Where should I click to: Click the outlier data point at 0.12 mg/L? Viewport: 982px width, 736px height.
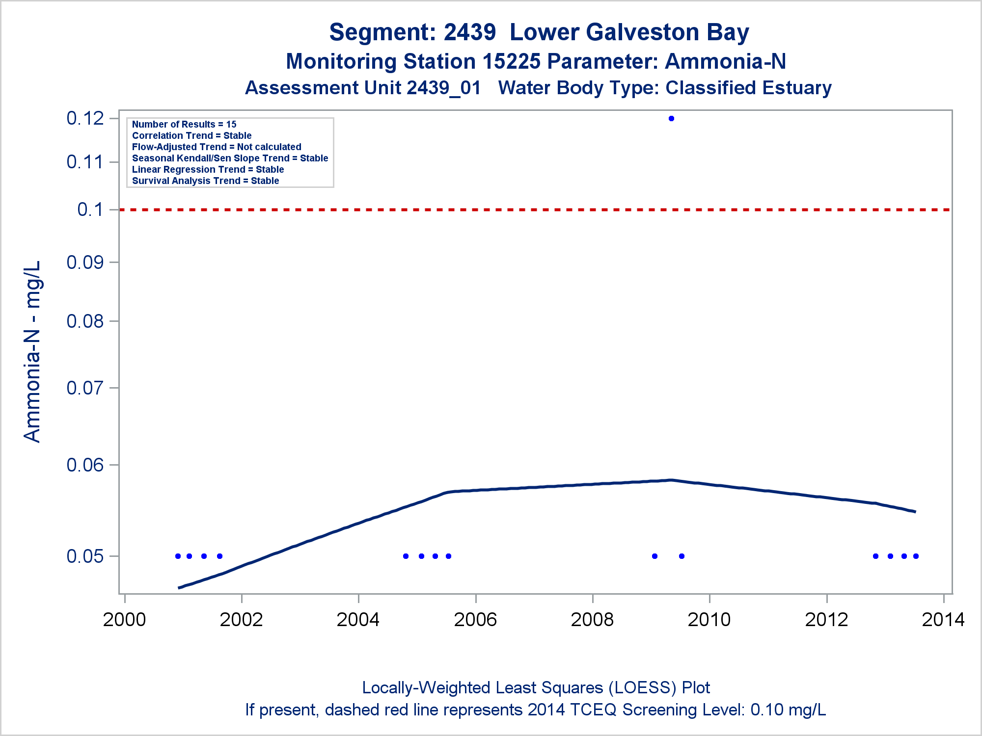[x=671, y=118]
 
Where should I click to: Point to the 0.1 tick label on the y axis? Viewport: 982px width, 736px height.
[x=90, y=210]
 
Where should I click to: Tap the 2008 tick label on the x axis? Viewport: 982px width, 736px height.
[x=592, y=620]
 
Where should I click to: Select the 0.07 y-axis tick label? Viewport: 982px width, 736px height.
[x=85, y=388]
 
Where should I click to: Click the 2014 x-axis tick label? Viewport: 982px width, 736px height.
[x=943, y=620]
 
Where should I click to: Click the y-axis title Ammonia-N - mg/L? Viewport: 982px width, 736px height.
[x=32, y=351]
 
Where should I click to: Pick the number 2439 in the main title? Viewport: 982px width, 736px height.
[x=470, y=32]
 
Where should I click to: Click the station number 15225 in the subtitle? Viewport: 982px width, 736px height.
[x=511, y=62]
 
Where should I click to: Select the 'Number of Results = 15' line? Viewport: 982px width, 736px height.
[x=184, y=124]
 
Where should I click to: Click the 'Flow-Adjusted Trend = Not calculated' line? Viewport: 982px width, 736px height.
[x=217, y=147]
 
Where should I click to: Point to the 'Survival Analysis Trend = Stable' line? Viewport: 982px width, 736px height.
[x=205, y=181]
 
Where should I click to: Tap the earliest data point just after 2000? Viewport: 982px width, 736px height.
[x=178, y=556]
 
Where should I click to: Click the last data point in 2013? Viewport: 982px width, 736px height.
[x=916, y=556]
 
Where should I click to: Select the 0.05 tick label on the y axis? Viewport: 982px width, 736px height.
[x=85, y=556]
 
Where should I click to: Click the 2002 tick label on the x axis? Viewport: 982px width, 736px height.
[x=241, y=620]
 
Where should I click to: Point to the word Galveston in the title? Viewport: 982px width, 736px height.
[x=643, y=32]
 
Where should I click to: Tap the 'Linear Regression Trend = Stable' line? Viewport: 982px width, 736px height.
[x=208, y=169]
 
